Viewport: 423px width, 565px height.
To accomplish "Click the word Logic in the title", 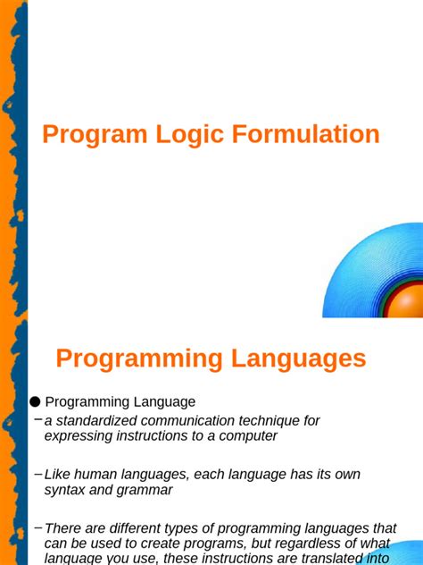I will pos(184,135).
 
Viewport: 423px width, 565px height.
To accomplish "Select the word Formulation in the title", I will pos(306,135).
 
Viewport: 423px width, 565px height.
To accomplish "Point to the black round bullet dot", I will pos(35,402).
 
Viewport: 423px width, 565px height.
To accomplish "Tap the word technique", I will pos(280,420).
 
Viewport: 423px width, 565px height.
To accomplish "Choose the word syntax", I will pos(65,491).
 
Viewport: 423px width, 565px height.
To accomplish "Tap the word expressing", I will pos(78,436).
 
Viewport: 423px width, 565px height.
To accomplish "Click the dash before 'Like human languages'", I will pos(37,473).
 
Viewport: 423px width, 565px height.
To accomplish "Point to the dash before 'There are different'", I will pos(37,527).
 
